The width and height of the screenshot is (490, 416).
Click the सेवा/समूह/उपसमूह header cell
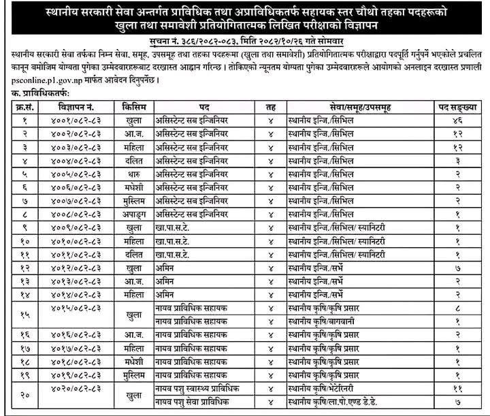348,107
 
